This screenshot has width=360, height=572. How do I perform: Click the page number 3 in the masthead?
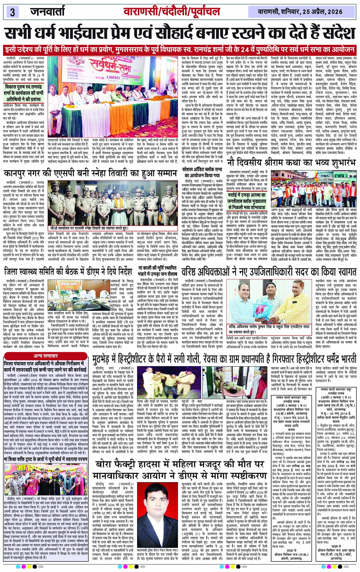pos(12,11)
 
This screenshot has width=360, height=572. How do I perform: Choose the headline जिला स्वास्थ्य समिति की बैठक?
pos(68,271)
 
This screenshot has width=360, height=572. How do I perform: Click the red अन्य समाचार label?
pos(46,356)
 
